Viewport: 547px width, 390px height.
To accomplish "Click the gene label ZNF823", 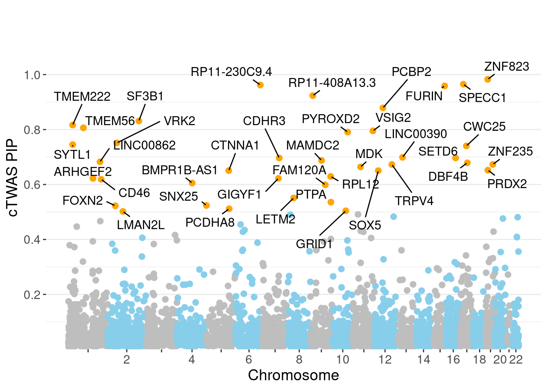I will click(x=506, y=67).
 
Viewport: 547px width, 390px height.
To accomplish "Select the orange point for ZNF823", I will click(x=488, y=79).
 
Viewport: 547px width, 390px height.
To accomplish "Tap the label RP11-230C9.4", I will click(x=231, y=72).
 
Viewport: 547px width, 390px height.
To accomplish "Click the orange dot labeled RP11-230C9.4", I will click(x=260, y=85).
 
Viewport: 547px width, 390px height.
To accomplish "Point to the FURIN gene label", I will click(x=424, y=96).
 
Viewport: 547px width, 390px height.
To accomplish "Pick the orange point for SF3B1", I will click(x=139, y=121).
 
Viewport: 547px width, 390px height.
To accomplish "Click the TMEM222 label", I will click(x=82, y=97).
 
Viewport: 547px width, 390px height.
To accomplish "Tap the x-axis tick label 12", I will click(x=385, y=360).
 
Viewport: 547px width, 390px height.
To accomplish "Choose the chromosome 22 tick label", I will click(x=516, y=360).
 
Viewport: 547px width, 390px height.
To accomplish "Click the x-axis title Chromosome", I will click(x=293, y=375).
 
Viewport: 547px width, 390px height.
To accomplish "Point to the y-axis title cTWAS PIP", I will click(x=13, y=178).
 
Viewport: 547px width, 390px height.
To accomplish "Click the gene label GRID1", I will click(x=314, y=244).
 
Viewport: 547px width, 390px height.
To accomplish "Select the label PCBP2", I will click(x=411, y=72).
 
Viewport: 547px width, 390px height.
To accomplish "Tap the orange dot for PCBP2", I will click(x=383, y=108).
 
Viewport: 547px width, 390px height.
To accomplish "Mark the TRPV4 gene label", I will click(x=414, y=201).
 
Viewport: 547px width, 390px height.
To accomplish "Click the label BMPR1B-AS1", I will click(x=179, y=170).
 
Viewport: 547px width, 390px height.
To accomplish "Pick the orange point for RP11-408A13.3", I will click(x=313, y=96).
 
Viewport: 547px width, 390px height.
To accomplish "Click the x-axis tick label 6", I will click(x=248, y=360).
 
